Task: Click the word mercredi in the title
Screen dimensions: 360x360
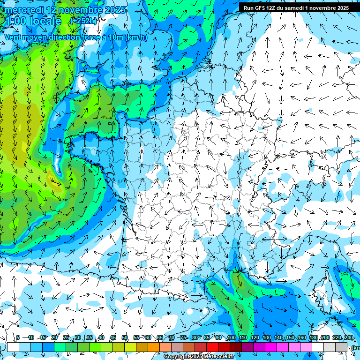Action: click(x=22, y=10)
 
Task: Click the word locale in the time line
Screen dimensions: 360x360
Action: click(x=44, y=21)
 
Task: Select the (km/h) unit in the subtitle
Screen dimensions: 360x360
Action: click(x=136, y=37)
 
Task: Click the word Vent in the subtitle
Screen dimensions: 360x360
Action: click(x=13, y=37)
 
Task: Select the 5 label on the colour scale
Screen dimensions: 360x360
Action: click(x=18, y=338)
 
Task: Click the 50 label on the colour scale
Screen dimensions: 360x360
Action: click(x=124, y=338)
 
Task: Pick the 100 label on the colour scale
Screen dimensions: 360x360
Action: click(x=231, y=338)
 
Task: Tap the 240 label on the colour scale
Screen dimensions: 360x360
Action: click(x=348, y=338)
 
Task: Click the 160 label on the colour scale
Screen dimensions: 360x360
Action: click(x=301, y=338)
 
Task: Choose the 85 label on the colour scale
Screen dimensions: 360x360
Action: click(x=207, y=338)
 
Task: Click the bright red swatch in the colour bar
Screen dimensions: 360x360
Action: click(x=212, y=347)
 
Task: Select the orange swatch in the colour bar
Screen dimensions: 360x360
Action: click(x=154, y=347)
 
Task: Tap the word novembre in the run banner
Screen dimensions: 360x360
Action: click(x=331, y=8)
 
